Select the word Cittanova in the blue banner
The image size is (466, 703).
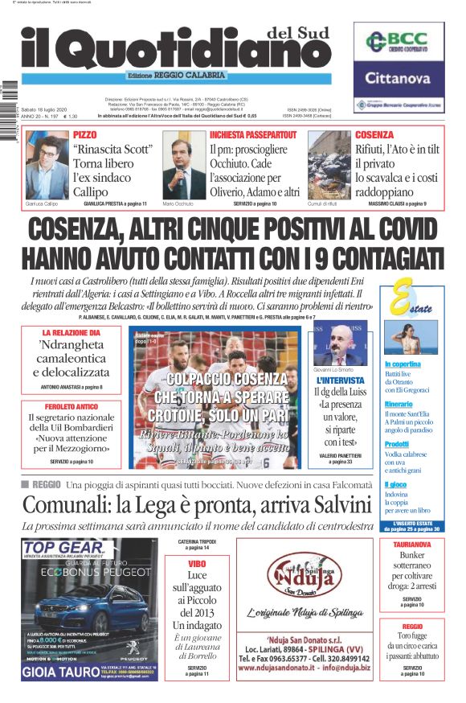pyautogui.click(x=399, y=79)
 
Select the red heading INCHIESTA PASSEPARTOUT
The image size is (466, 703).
pyautogui.click(x=254, y=134)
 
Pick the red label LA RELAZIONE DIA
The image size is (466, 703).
pyautogui.click(x=72, y=332)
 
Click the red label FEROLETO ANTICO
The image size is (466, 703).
pyautogui.click(x=71, y=407)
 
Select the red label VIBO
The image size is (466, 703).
pyautogui.click(x=197, y=565)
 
